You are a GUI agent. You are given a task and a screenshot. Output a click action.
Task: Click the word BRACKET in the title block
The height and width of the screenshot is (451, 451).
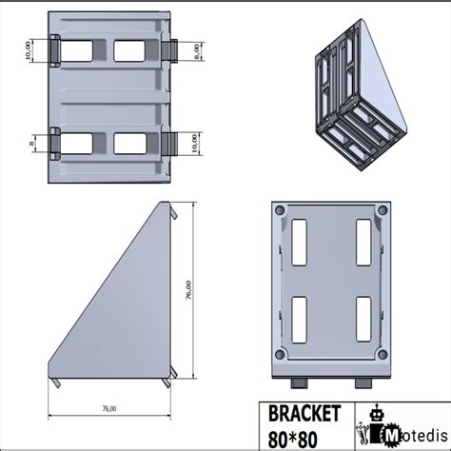pyautogui.click(x=304, y=413)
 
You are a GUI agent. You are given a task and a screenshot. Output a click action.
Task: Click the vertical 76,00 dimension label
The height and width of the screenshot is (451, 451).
pyautogui.click(x=188, y=289)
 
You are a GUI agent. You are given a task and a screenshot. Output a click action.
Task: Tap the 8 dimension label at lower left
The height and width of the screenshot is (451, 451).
pyautogui.click(x=29, y=143)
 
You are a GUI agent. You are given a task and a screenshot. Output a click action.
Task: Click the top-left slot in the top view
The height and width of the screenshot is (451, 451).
pyautogui.click(x=78, y=49)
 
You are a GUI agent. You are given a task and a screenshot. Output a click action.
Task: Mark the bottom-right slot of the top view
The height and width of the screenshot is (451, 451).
pyautogui.click(x=132, y=142)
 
